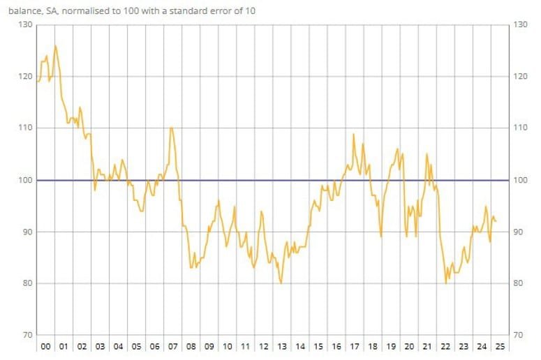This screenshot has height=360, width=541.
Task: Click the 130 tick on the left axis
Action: [x=25, y=25]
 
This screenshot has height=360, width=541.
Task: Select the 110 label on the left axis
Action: [x=25, y=128]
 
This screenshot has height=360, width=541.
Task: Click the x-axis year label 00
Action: [x=45, y=347]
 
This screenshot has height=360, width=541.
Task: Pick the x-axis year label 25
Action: [x=500, y=347]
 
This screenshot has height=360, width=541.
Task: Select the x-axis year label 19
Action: [x=391, y=347]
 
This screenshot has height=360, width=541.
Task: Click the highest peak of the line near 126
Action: [x=55, y=46]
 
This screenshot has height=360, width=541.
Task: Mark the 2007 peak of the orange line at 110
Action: [x=172, y=128]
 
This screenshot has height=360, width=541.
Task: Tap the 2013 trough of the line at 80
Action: [x=281, y=283]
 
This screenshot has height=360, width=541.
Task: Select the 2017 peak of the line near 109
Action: [x=354, y=134]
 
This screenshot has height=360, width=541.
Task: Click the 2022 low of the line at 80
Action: [x=445, y=283]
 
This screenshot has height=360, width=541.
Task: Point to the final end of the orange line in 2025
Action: [x=496, y=221]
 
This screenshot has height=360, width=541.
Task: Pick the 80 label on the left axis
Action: [x=25, y=283]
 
